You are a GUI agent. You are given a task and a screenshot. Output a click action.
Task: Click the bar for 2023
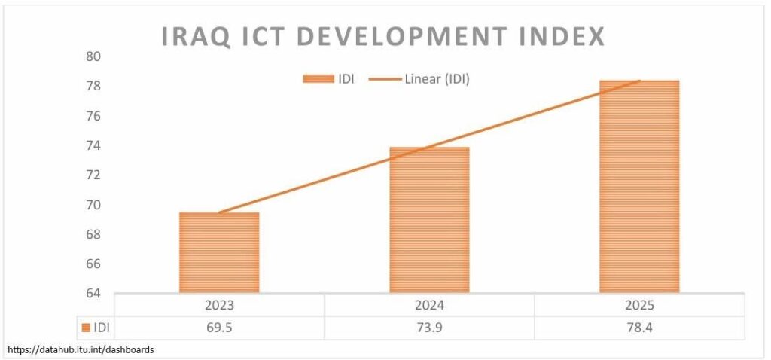point(219,252)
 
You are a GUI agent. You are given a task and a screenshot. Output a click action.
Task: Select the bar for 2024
point(429,219)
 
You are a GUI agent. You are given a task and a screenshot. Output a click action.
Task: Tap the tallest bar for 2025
point(639,186)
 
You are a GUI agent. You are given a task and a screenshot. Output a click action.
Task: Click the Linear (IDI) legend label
point(437,79)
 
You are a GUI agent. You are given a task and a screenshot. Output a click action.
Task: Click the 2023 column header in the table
point(219,306)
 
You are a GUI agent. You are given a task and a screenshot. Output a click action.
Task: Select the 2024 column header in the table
point(429,306)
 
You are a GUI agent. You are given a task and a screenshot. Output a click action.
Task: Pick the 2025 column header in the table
point(639,306)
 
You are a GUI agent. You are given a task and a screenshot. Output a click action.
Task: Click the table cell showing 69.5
point(219,328)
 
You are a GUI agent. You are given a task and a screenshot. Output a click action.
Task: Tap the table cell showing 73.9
point(429,328)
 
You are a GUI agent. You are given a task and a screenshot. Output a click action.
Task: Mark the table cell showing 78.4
point(639,328)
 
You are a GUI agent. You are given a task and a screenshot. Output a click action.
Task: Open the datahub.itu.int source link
point(82,350)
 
